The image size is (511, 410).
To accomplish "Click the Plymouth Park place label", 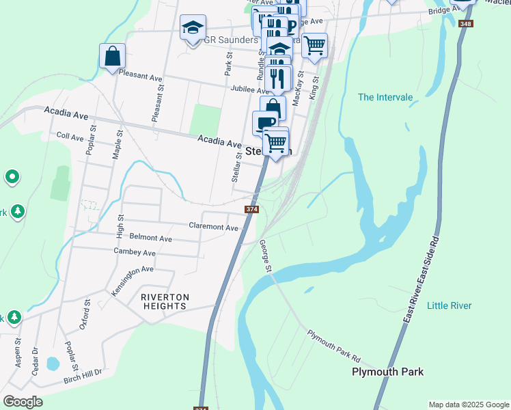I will tap(387, 372).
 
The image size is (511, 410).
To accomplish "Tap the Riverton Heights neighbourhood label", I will tap(164, 301).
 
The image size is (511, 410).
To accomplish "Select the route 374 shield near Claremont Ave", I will tap(252, 209).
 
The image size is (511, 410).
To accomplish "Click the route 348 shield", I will tap(466, 24).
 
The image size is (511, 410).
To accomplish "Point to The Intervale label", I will tap(385, 97).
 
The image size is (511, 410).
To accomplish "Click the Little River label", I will tap(449, 305).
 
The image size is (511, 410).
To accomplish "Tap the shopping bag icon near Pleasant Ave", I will tap(112, 55).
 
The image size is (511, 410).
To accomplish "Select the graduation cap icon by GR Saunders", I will tap(193, 28).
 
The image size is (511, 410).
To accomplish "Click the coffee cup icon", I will tap(264, 122).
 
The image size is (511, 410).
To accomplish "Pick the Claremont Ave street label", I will tap(214, 226).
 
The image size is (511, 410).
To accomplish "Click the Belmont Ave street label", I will tap(150, 238).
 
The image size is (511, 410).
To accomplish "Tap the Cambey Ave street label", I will tap(135, 253).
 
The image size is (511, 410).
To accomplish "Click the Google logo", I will tap(23, 402).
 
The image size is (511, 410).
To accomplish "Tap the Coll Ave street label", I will tap(70, 137).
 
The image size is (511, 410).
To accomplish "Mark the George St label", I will tap(265, 254).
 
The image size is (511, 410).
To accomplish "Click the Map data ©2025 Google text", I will tap(469, 405).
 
